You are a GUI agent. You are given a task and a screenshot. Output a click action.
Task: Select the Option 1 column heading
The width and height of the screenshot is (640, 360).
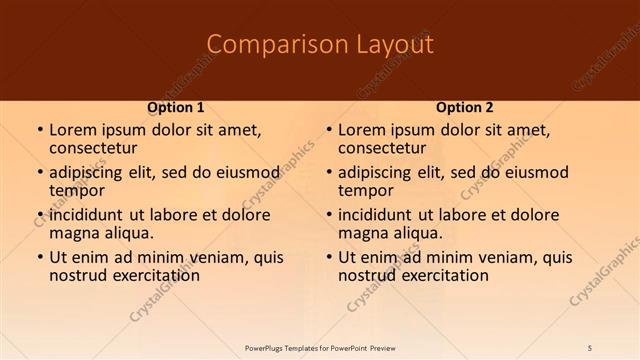tap(176, 107)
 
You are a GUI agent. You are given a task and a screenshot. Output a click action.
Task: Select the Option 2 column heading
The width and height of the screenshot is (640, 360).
tap(465, 107)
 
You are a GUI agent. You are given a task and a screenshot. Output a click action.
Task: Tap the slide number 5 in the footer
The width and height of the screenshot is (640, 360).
tap(591, 347)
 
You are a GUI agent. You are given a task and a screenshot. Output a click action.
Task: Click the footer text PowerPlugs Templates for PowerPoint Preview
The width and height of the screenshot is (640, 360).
tap(320, 347)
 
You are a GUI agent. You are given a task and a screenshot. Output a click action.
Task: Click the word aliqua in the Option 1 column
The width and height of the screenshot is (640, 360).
tap(130, 232)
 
